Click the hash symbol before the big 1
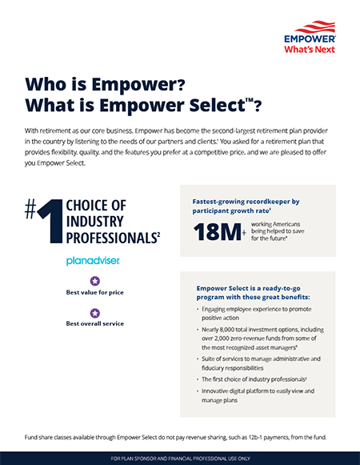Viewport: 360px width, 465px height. point(30,210)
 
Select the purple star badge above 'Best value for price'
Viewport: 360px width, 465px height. point(94,281)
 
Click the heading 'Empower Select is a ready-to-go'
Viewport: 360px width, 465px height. point(247,287)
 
